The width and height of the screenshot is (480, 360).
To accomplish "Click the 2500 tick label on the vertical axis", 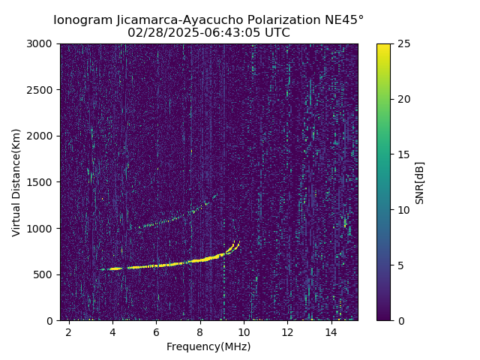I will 43,90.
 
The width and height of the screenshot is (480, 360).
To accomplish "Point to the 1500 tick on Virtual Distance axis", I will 43,182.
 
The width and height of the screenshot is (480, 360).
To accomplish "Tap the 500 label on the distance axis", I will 45,274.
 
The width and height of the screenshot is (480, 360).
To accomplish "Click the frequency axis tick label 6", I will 156,331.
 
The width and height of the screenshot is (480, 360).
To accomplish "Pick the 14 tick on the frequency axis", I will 331,331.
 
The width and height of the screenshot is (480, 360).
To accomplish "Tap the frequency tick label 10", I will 244,331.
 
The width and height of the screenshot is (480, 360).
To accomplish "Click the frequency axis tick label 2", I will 69,331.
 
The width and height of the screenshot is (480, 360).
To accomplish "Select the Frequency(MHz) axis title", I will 208,346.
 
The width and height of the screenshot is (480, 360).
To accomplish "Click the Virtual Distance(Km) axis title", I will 16,182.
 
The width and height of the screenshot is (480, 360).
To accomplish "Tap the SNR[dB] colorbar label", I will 420,182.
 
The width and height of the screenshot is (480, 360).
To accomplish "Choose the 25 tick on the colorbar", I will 403,43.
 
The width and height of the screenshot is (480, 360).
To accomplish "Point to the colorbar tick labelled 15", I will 403,154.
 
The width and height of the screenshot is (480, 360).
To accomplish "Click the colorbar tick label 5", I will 400,265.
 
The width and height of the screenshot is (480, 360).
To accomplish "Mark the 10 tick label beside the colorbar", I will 403,210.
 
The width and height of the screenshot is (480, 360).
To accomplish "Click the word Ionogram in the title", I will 83,19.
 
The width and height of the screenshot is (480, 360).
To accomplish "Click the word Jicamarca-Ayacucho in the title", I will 181,19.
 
